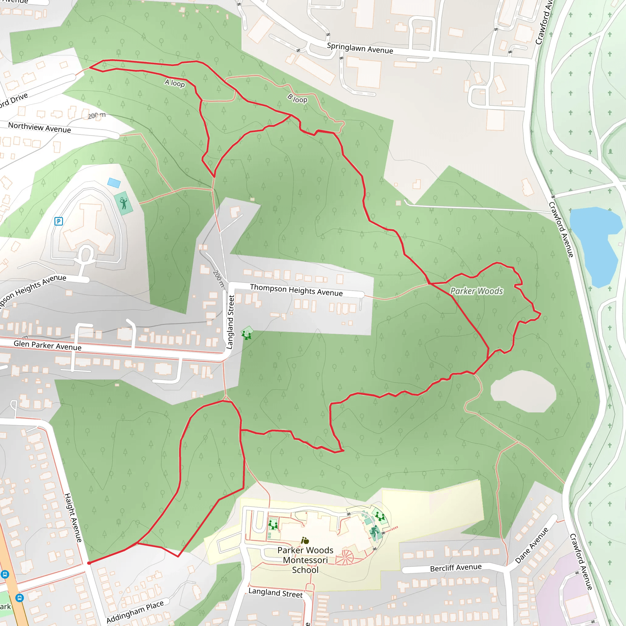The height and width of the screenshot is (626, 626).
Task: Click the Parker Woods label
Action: (477, 291)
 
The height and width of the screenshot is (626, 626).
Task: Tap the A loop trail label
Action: (175, 83)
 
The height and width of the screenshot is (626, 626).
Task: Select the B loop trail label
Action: (297, 98)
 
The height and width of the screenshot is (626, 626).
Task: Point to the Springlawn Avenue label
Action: (360, 48)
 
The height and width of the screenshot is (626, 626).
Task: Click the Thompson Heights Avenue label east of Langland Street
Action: (296, 290)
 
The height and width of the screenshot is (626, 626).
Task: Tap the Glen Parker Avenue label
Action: (48, 345)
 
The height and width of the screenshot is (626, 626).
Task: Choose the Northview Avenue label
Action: (39, 127)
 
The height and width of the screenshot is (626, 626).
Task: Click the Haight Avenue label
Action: (73, 517)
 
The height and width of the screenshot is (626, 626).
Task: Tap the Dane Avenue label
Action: (532, 545)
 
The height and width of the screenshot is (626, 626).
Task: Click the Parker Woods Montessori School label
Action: (305, 560)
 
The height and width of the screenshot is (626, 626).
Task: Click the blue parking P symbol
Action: (59, 221)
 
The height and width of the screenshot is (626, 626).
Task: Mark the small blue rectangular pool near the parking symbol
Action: (114, 183)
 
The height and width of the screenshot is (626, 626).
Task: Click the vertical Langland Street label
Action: (230, 322)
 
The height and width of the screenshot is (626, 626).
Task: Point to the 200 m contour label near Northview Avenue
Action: (97, 115)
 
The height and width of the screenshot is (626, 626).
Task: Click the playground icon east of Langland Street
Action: (247, 333)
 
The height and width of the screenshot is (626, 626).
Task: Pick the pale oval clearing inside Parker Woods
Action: (523, 391)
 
